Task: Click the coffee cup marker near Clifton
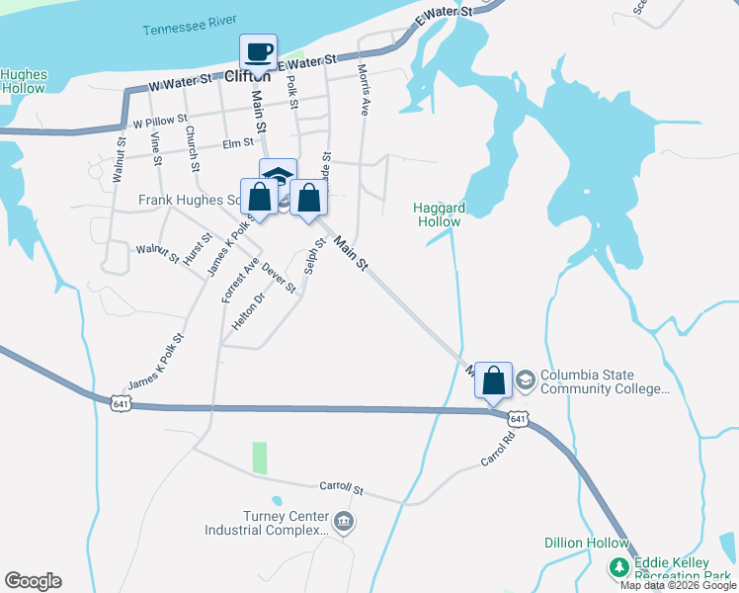point(259,52)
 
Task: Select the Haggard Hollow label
point(437,214)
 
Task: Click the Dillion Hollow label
point(586,543)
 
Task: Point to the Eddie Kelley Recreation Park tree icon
point(618,567)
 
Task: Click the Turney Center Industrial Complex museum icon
point(343,521)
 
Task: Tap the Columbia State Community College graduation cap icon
point(526,378)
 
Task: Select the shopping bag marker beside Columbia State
point(493,380)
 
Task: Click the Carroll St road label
point(342,488)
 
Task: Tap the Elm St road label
point(239,143)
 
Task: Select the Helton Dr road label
point(248,311)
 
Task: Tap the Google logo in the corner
point(33,581)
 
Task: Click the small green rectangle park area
point(260,458)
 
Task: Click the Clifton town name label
point(247,76)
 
